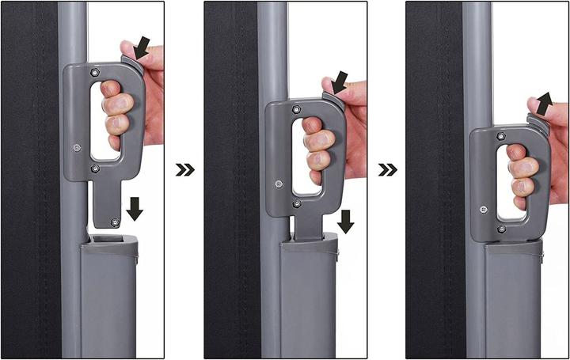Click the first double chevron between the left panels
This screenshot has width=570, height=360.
[x=184, y=169]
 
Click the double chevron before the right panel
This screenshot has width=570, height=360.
[x=386, y=169]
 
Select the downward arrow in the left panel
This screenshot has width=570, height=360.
[x=135, y=209]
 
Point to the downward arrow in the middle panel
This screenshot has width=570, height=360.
[x=345, y=222]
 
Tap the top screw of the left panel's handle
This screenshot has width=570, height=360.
[x=95, y=73]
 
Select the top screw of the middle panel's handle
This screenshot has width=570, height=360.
[x=296, y=109]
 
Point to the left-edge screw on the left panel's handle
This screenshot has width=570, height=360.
[x=77, y=146]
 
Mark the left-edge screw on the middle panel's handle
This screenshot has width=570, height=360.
[x=278, y=184]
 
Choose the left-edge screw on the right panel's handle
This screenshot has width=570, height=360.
[x=481, y=210]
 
